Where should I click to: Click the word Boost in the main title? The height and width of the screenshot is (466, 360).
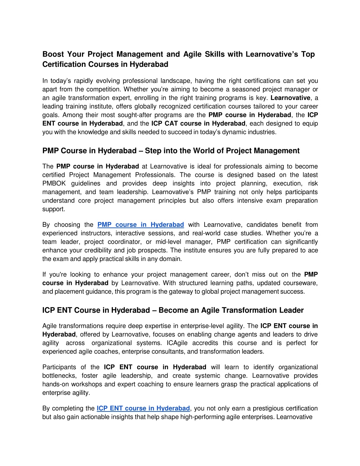[x=53, y=54]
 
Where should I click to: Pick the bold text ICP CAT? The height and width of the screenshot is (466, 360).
[x=165, y=123]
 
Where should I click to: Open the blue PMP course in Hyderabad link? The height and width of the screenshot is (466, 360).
[x=141, y=225]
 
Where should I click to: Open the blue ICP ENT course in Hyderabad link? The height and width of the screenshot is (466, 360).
[x=143, y=408]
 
